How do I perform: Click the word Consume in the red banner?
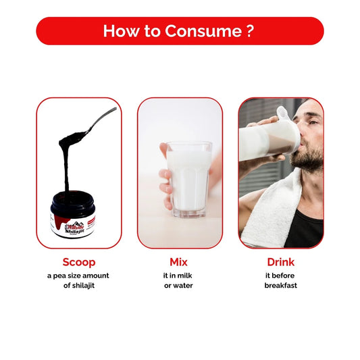tap(203, 31)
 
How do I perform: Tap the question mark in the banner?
tap(250, 31)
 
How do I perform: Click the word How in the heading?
tap(120, 31)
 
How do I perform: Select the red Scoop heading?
tap(79, 262)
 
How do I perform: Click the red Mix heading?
tap(178, 262)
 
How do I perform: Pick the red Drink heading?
tap(280, 262)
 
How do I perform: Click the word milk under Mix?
tap(185, 276)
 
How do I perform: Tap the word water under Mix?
tap(182, 286)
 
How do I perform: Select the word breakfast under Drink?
tap(280, 286)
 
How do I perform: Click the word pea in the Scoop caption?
tap(59, 276)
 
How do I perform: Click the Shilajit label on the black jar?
tap(74, 231)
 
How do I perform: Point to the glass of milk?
tap(189, 179)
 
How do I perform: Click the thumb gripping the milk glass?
tap(163, 149)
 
